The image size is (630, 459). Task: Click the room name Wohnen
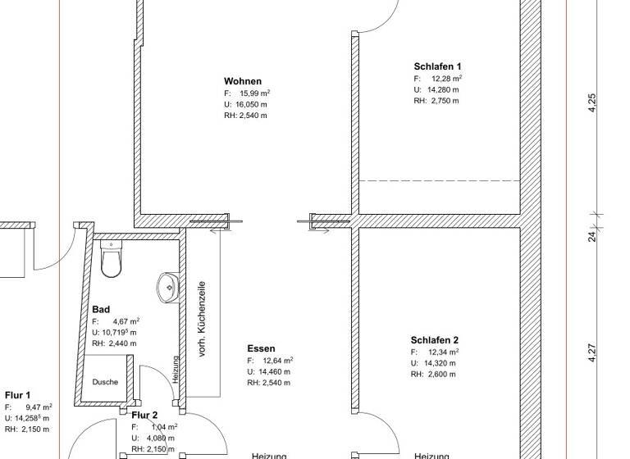click(243, 81)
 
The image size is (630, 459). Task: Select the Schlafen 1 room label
click(437, 66)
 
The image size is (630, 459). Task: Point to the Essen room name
click(261, 348)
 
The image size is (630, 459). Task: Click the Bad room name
click(101, 310)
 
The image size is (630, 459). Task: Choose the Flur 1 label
click(17, 394)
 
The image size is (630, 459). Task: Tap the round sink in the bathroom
click(167, 286)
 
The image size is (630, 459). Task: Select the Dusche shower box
click(104, 382)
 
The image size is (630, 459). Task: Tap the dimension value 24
click(593, 236)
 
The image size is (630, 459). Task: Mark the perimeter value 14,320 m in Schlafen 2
click(443, 363)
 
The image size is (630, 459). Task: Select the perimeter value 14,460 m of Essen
click(274, 371)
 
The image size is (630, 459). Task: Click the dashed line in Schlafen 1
click(439, 180)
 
